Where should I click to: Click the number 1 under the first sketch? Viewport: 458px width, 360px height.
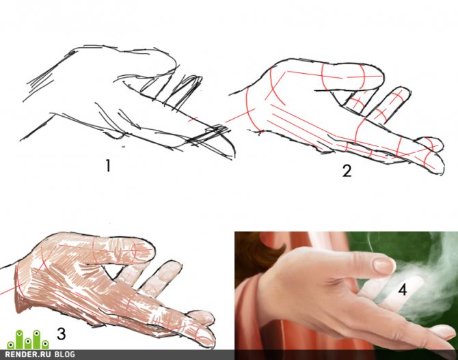(x=108, y=165)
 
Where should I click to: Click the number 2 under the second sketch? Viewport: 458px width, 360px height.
(x=347, y=171)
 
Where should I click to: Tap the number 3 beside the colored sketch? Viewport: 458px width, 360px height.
(x=61, y=334)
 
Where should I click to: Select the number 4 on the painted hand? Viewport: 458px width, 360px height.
(x=403, y=290)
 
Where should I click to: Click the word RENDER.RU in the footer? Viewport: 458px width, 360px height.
(x=28, y=355)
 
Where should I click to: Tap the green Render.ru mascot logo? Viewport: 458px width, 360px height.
(x=28, y=340)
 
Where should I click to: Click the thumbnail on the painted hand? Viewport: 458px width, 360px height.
(x=383, y=265)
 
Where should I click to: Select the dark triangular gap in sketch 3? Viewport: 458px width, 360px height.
(x=112, y=273)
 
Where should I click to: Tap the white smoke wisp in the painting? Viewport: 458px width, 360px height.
(x=424, y=277)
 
